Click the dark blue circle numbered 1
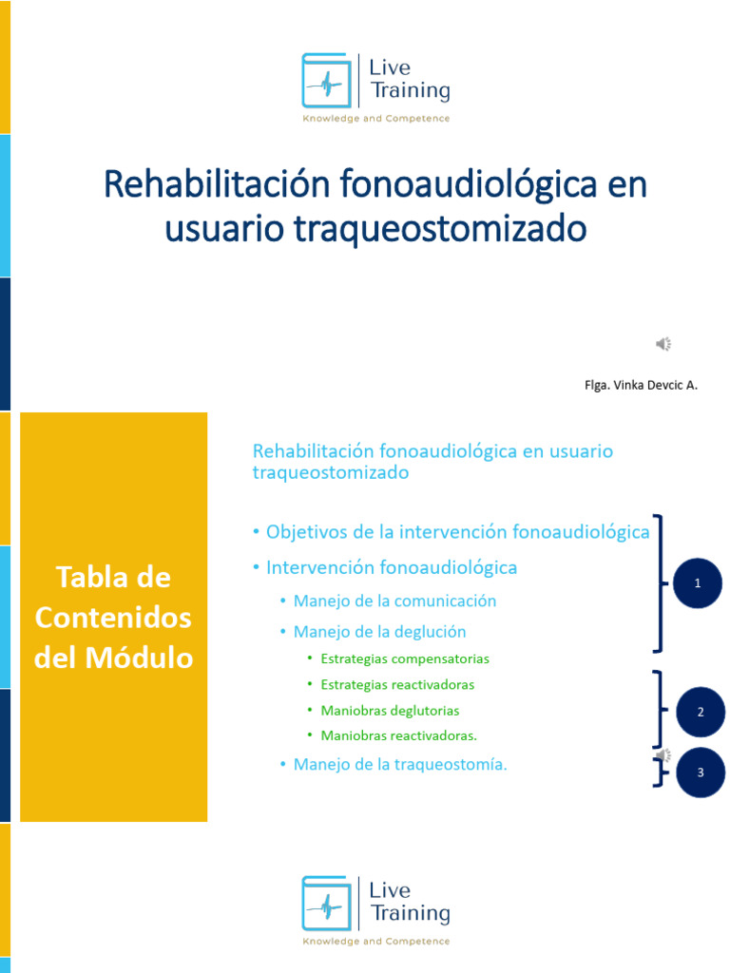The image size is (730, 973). tap(698, 583)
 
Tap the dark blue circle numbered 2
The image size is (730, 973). tap(700, 712)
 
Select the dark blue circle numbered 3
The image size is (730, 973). tap(700, 773)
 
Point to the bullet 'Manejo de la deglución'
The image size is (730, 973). tap(379, 631)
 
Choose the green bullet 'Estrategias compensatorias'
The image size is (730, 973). tap(405, 658)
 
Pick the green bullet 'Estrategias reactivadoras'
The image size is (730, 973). tap(397, 684)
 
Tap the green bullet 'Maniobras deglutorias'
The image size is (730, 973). tap(390, 710)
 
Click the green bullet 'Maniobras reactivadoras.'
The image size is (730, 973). tap(399, 735)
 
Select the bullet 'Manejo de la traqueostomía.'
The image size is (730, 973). tap(400, 764)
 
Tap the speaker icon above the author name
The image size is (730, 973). tap(663, 344)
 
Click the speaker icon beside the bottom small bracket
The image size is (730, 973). tap(663, 756)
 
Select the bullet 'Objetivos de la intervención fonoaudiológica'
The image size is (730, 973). tap(457, 532)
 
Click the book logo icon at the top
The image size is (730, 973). tap(325, 80)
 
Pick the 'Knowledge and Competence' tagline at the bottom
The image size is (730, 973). tap(375, 942)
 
